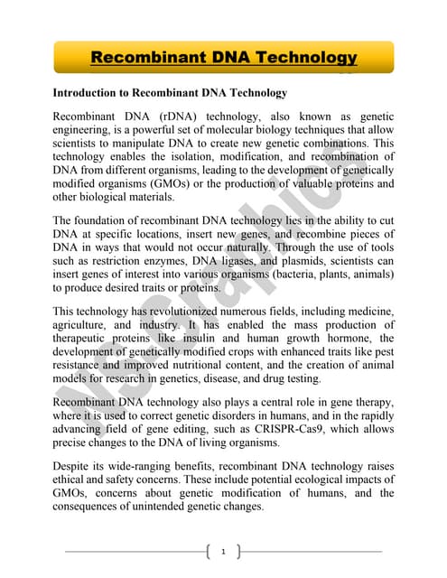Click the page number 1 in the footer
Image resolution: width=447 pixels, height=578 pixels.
223,551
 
